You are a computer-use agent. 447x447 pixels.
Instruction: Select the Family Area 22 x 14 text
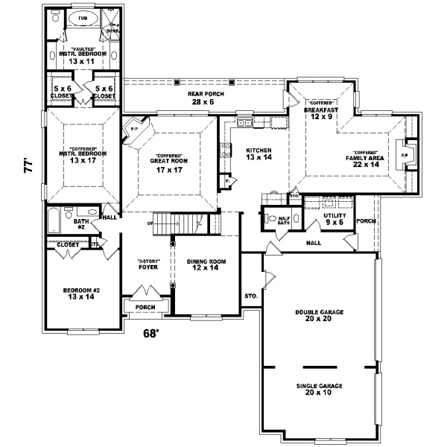click(364, 161)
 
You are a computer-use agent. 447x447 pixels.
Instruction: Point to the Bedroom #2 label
click(82, 293)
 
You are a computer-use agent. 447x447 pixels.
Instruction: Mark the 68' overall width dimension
click(152, 333)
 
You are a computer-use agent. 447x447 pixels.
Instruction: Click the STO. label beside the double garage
click(251, 296)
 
